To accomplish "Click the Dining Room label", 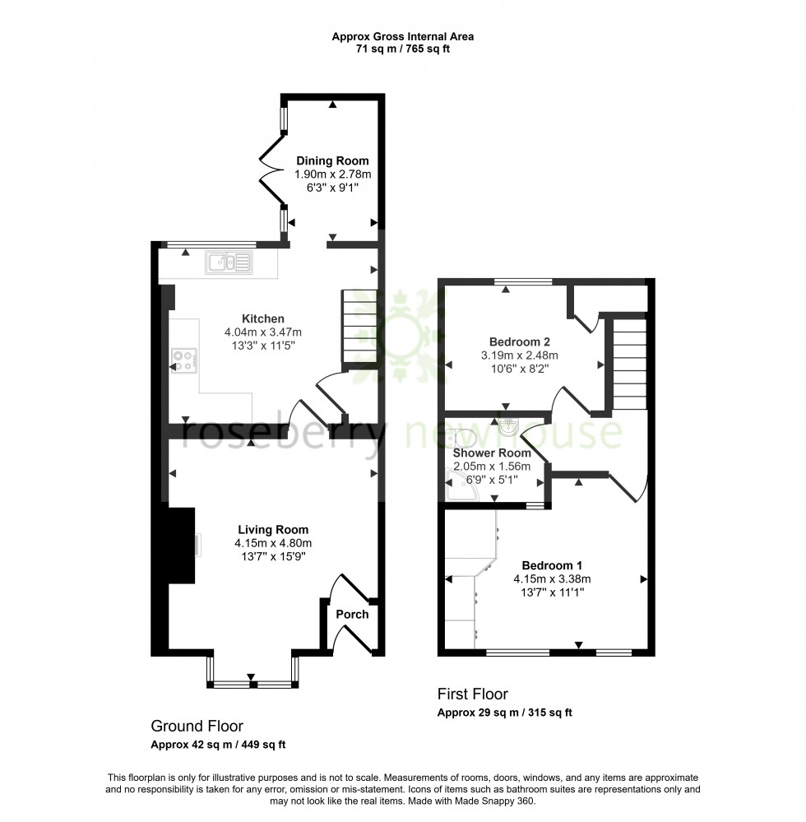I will pyautogui.click(x=332, y=161).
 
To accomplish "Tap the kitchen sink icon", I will pyautogui.click(x=231, y=262).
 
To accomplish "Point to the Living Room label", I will pyautogui.click(x=273, y=530).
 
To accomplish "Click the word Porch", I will pyautogui.click(x=352, y=614).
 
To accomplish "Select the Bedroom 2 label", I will pyautogui.click(x=519, y=342).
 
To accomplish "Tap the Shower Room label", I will pyautogui.click(x=492, y=453).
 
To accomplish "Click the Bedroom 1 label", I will pyautogui.click(x=552, y=565).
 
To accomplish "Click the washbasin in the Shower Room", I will pyautogui.click(x=508, y=425).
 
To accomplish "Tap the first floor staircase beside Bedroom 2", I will pyautogui.click(x=631, y=364).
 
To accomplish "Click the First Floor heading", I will pyautogui.click(x=472, y=694).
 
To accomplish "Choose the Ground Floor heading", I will pyautogui.click(x=197, y=726).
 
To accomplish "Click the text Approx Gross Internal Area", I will pyautogui.click(x=402, y=36).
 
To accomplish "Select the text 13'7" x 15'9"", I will pyautogui.click(x=273, y=556).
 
